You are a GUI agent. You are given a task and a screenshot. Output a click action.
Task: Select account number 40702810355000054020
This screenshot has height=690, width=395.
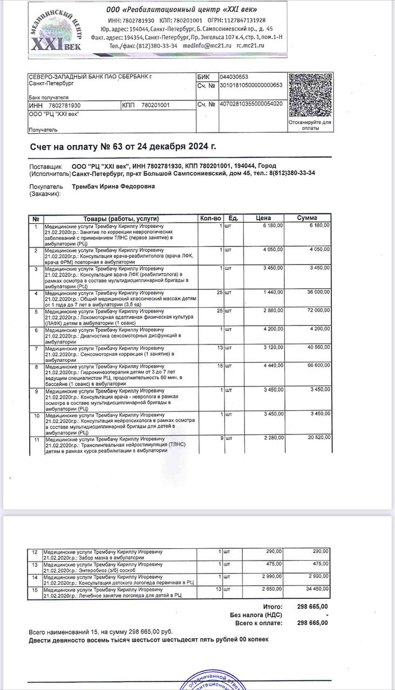251,104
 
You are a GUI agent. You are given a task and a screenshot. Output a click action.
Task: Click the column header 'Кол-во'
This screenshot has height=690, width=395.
210,218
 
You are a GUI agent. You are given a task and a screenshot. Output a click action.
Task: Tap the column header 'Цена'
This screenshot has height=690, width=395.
263,218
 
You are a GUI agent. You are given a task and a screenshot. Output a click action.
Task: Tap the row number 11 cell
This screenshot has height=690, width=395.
36,440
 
